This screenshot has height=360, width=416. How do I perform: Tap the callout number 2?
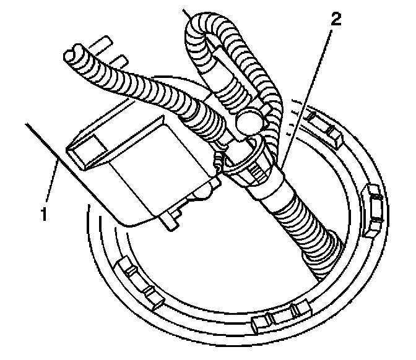(x=335, y=19)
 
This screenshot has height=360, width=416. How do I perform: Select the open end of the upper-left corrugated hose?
(x=74, y=54)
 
